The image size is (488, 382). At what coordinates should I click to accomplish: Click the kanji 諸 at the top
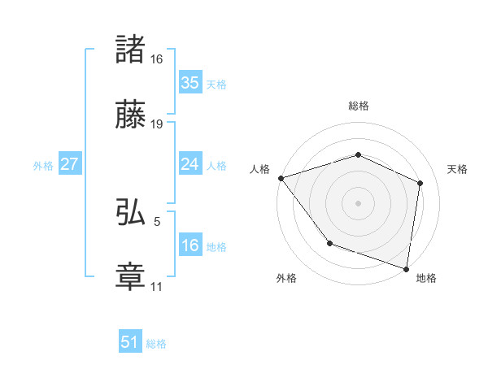[x=131, y=50]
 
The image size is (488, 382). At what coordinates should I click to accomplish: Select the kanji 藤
[x=131, y=115]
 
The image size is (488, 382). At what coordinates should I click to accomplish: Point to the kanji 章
[x=131, y=276]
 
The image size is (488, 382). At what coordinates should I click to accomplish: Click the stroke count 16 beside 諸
[x=157, y=59]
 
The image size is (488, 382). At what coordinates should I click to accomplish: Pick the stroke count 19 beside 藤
[x=157, y=124]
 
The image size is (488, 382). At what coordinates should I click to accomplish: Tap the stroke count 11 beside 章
[x=157, y=286]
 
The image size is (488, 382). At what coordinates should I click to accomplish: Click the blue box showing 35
[x=190, y=83]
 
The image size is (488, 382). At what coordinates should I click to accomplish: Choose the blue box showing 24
[x=190, y=164]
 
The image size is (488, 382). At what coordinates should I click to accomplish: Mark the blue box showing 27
[x=69, y=164]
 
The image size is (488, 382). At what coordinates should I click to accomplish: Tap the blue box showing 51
[x=129, y=342]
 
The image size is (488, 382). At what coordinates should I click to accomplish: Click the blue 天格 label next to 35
[x=216, y=85]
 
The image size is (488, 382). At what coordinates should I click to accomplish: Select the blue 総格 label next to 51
[x=156, y=344]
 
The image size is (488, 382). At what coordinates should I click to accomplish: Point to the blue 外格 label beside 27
[x=43, y=166]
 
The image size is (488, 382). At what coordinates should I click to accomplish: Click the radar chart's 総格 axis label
[x=358, y=106]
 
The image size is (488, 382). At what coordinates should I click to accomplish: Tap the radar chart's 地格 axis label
[x=426, y=279]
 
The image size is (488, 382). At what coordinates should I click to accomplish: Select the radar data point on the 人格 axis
[x=281, y=178]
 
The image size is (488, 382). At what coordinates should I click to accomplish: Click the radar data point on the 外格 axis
[x=329, y=243]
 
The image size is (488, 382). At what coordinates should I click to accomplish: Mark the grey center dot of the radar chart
[x=358, y=202]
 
